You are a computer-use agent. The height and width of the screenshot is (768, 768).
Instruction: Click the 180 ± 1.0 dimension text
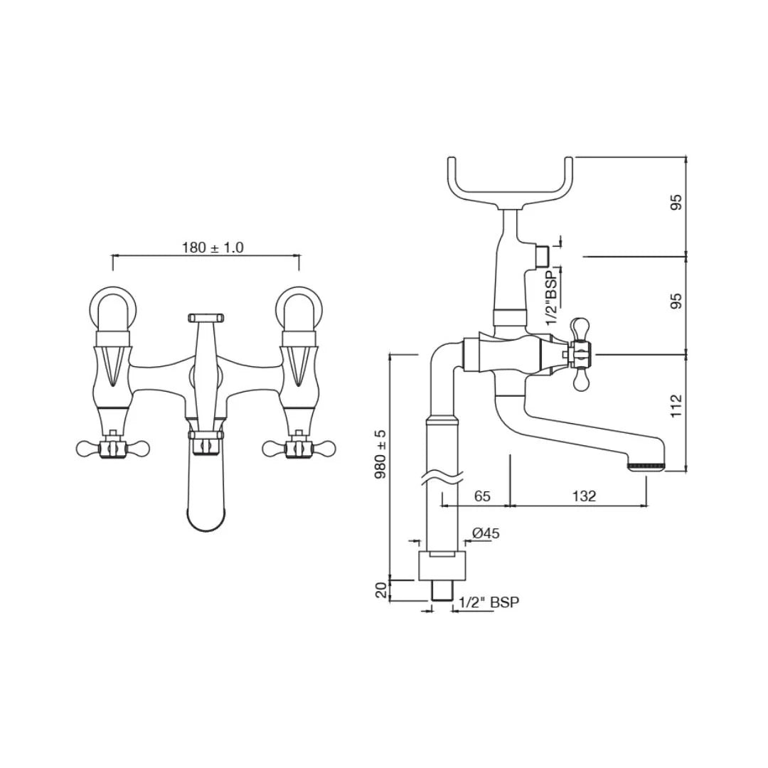(x=213, y=247)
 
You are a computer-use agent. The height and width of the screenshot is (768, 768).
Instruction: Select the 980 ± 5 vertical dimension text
(x=381, y=454)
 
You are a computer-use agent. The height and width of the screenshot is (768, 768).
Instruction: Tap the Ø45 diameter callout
(x=486, y=533)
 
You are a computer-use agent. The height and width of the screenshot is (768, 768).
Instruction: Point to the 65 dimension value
(x=482, y=496)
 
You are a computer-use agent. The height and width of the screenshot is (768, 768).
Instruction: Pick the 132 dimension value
(x=583, y=496)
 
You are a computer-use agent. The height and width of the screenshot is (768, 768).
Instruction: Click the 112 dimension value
(x=676, y=406)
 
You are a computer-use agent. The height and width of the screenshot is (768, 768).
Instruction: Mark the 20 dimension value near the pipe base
(x=381, y=590)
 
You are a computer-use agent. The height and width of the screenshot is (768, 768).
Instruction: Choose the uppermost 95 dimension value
(x=676, y=202)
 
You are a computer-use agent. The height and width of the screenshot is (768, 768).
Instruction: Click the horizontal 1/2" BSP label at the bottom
(x=489, y=602)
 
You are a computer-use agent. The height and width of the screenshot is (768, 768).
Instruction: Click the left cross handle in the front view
(x=112, y=448)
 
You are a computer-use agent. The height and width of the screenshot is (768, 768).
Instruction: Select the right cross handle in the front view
(x=299, y=448)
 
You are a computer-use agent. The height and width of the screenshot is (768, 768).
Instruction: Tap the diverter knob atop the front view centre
(x=205, y=316)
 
